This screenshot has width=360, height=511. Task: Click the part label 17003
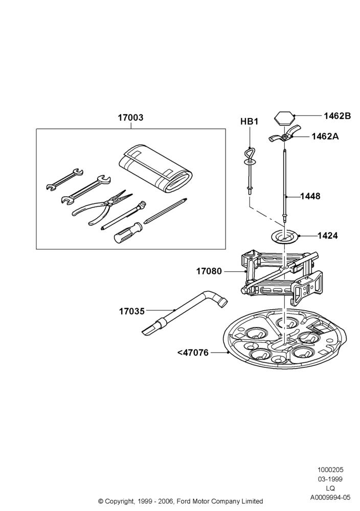(130, 118)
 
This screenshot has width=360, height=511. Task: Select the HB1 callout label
(249, 122)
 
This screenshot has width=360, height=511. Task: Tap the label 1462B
(337, 115)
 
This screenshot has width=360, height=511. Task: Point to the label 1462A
(325, 136)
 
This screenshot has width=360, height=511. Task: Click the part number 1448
(310, 196)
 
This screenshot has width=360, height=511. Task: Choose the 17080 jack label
(209, 271)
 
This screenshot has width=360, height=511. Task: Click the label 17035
(132, 311)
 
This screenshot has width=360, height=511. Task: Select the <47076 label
(193, 353)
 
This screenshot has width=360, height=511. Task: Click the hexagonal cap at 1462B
(284, 119)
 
